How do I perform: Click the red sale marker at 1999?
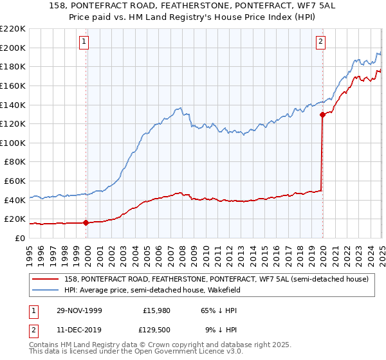click(86, 223)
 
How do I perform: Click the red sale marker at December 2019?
click(322, 114)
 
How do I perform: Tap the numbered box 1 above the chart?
click(84, 42)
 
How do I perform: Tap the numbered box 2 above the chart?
click(320, 42)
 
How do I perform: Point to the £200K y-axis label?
click(13, 48)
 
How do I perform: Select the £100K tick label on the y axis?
click(13, 143)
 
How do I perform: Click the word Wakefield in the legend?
click(232, 291)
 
